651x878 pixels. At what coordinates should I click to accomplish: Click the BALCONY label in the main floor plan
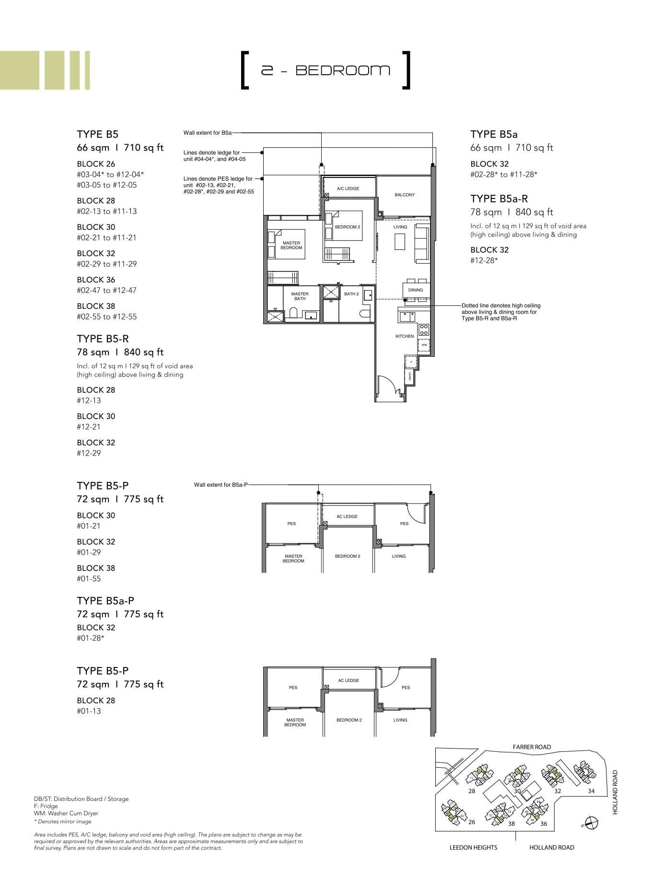click(x=405, y=195)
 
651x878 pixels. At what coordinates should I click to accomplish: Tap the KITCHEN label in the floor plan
click(x=405, y=336)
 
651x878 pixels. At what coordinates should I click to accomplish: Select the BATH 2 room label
click(x=351, y=294)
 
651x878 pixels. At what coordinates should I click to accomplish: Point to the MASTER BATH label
click(x=300, y=296)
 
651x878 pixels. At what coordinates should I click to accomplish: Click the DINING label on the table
click(x=416, y=290)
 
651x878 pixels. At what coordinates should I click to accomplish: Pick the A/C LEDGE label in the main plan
click(x=348, y=188)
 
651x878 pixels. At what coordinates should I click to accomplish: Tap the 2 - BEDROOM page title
click(x=325, y=70)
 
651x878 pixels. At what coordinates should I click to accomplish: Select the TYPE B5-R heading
click(x=103, y=339)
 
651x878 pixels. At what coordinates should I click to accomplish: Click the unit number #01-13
click(x=89, y=711)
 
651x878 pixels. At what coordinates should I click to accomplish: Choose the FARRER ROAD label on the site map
click(x=532, y=747)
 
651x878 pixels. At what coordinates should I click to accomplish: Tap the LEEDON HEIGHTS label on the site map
click(x=473, y=847)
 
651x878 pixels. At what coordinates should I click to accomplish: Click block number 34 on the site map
click(x=591, y=791)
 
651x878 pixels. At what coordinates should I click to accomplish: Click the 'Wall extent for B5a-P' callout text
click(x=221, y=485)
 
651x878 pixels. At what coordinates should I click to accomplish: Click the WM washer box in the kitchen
click(x=424, y=345)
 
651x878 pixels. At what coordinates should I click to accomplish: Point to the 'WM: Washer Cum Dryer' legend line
click(x=66, y=813)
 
